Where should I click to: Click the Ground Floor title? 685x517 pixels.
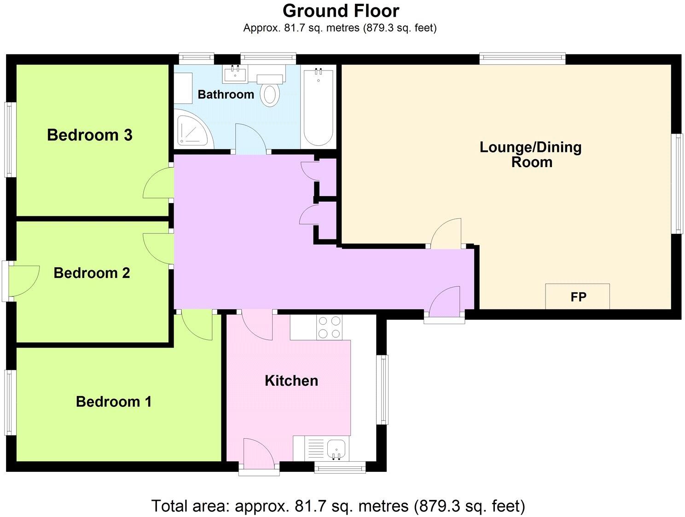tap(341, 11)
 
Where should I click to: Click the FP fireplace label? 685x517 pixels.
tap(578, 297)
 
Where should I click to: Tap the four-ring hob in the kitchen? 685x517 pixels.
tap(329, 327)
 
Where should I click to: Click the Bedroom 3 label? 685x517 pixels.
tap(90, 135)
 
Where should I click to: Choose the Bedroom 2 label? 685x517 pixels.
tap(92, 273)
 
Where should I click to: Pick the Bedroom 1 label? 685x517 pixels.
tap(114, 401)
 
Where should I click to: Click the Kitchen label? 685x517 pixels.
tap(291, 381)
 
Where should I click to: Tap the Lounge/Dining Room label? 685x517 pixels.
tap(531, 155)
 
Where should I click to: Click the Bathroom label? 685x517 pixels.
tap(226, 94)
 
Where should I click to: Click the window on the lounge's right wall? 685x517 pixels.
tap(678, 184)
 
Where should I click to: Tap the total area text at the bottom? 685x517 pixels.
tap(338, 506)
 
